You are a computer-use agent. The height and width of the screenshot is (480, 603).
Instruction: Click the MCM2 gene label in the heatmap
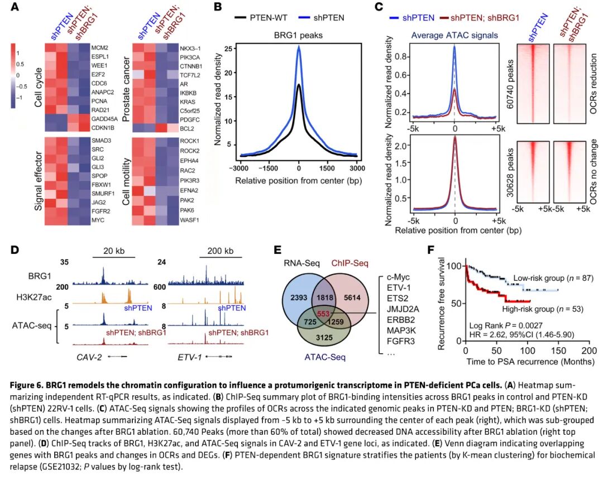[100, 48]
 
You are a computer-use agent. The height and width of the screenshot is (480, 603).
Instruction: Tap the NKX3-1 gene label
[191, 48]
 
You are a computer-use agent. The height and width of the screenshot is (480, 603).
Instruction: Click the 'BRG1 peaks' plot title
[299, 35]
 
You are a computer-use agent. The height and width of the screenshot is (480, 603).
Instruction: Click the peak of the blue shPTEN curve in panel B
[299, 47]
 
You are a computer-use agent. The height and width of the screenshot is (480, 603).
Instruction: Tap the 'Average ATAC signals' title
[454, 35]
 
